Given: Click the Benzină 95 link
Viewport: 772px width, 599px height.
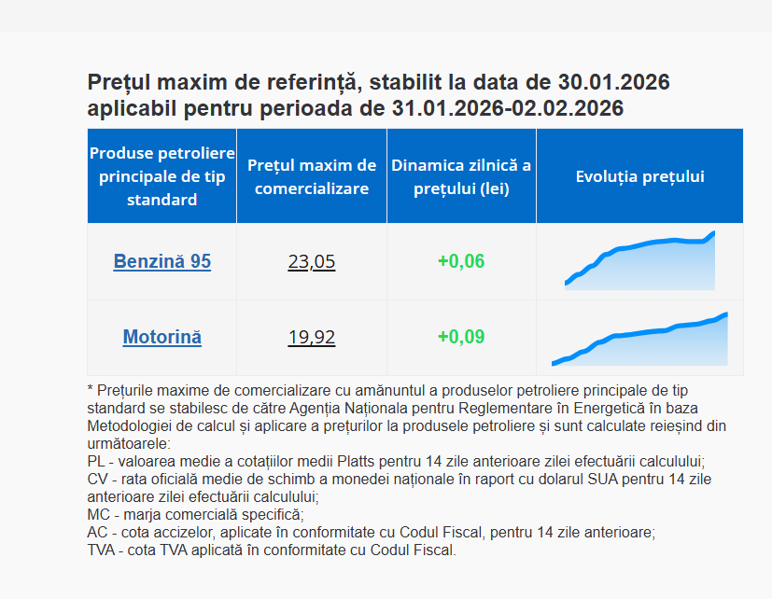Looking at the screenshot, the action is (x=162, y=261).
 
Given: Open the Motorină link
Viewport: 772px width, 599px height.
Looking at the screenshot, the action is (x=162, y=337).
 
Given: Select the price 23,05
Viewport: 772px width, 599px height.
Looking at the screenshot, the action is (x=312, y=261).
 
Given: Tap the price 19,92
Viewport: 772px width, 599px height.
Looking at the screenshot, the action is (x=312, y=337).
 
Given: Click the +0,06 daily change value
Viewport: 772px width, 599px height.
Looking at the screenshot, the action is (x=461, y=261).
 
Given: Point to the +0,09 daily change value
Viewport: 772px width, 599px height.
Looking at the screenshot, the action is (x=461, y=337).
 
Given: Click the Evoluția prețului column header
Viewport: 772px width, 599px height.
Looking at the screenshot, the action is (x=640, y=176).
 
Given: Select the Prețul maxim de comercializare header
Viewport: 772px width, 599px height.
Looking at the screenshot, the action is (x=312, y=176).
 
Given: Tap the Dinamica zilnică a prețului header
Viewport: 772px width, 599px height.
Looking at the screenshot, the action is (x=461, y=176).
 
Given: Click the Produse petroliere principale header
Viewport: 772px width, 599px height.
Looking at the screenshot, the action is (x=162, y=176).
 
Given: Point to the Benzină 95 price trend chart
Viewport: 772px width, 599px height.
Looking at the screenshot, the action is (x=639, y=260).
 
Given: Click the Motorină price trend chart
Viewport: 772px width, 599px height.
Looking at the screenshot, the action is (x=639, y=339).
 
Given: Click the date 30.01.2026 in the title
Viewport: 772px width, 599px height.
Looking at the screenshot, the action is (x=613, y=82).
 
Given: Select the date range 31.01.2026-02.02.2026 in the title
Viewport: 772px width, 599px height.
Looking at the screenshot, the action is (x=508, y=108).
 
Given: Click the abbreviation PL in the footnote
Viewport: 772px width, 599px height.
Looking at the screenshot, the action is (x=95, y=462).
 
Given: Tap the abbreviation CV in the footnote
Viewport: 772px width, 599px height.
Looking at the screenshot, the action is (x=96, y=480).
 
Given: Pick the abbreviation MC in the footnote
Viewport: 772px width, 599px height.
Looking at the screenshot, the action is (x=97, y=515).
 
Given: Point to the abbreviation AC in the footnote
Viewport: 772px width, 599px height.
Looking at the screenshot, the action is (x=96, y=533).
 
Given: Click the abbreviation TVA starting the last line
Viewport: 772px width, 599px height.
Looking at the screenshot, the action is (x=101, y=550).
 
